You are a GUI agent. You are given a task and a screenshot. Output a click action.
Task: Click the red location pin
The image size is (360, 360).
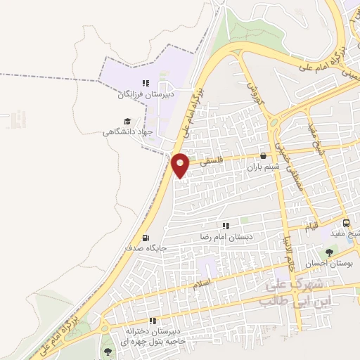point(181,165)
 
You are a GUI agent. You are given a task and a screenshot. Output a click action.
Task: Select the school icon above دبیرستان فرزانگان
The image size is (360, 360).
point(146,82)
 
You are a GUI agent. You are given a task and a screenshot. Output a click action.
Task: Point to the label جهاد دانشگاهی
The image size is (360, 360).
point(127,131)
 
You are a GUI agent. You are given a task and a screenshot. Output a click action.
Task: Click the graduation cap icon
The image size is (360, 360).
point(127,121)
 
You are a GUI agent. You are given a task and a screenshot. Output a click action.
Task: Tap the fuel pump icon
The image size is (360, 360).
point(146,238)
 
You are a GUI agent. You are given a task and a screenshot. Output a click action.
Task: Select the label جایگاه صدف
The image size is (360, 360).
point(146,248)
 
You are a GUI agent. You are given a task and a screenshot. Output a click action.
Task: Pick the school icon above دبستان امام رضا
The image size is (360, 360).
point(226,226)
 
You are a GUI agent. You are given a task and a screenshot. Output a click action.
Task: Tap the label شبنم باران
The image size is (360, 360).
point(264,167)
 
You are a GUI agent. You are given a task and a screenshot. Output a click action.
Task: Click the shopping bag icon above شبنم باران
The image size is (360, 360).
point(264,157)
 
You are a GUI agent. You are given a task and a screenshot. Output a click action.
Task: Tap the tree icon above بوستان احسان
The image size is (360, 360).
point(329,252)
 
